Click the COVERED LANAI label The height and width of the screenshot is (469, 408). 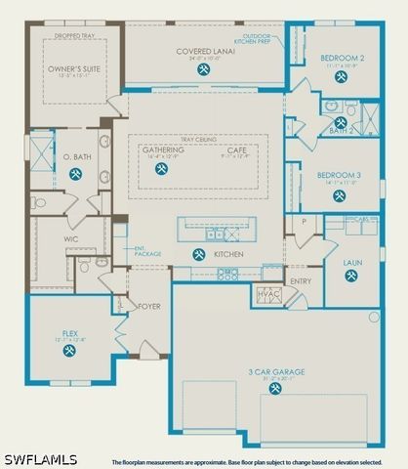(203, 51)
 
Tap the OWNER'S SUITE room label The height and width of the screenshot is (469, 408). (74, 68)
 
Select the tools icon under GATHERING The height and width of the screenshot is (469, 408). (162, 168)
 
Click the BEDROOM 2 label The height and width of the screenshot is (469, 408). (341, 58)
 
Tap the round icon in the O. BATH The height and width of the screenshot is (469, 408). (74, 176)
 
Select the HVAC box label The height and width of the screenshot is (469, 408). (268, 293)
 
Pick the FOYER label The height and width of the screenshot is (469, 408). (148, 306)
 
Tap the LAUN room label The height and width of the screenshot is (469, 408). (351, 263)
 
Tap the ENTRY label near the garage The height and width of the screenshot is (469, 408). (301, 280)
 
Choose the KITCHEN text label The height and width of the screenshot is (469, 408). (227, 254)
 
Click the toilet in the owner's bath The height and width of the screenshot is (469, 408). (39, 203)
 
